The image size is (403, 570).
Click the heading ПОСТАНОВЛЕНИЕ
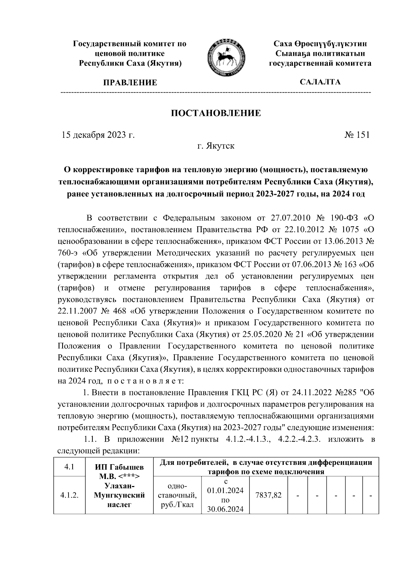(x=216, y=113)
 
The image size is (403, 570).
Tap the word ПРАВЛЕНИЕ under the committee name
(x=130, y=82)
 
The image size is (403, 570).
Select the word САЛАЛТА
(x=320, y=82)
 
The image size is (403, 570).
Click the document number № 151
(x=357, y=135)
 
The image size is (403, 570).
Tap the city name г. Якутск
(x=216, y=146)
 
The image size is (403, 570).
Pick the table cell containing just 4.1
(x=70, y=467)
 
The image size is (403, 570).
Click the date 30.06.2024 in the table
(x=225, y=510)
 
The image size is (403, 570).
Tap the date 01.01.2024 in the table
(x=225, y=491)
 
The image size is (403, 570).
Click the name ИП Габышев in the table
(x=119, y=467)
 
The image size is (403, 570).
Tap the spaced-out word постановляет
(x=145, y=381)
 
